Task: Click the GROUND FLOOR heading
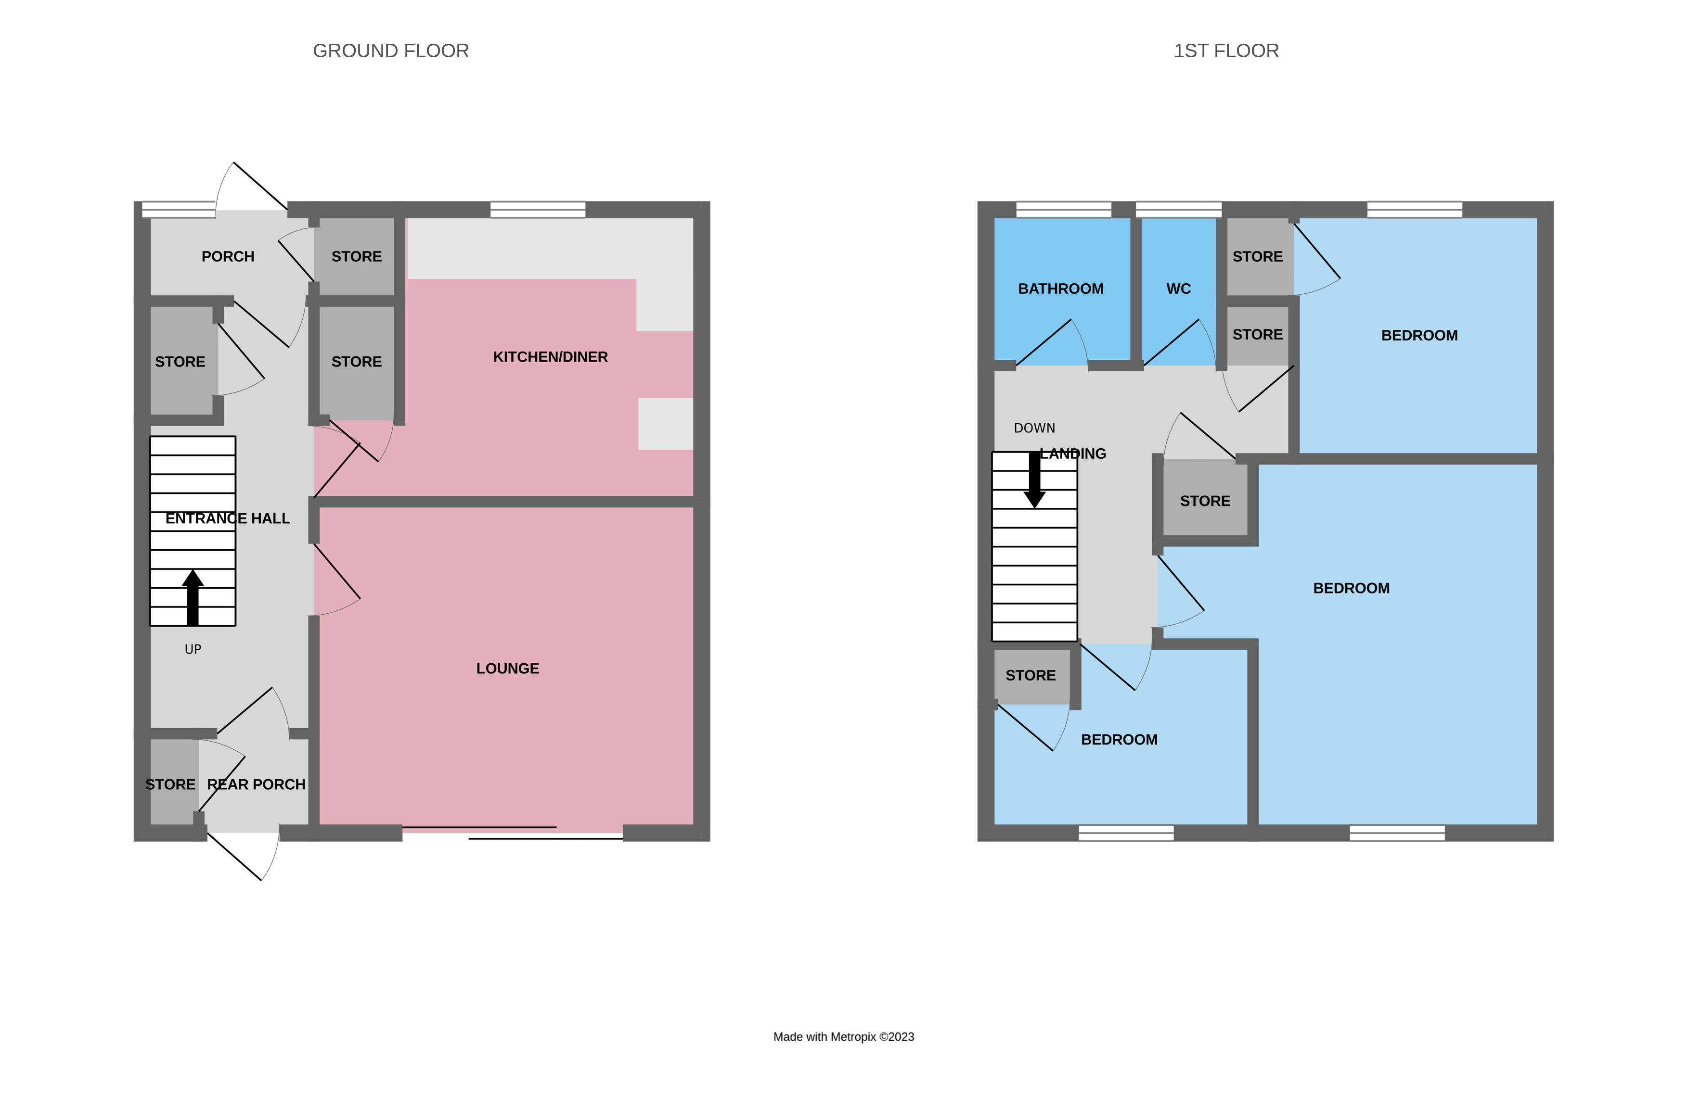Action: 391,51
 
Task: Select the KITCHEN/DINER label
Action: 550,356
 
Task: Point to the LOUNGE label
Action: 508,669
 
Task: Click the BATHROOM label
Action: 1060,289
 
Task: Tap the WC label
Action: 1178,289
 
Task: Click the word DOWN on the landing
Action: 1034,428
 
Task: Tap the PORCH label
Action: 228,257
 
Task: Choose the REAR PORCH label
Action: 256,785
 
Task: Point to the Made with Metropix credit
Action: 843,1037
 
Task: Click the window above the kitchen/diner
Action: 538,210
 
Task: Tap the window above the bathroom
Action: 1063,210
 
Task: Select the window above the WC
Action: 1178,210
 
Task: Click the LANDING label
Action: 1072,454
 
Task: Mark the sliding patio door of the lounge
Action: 512,833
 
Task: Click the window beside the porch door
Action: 178,210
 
